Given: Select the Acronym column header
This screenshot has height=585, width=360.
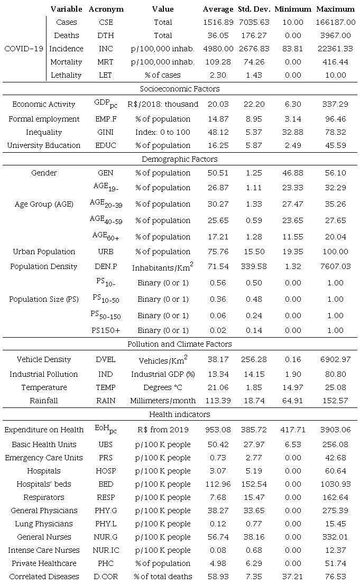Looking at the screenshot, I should tap(106, 9).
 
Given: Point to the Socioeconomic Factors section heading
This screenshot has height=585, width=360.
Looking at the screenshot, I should tap(180, 89).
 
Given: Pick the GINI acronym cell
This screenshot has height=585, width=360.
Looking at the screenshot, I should tap(106, 132).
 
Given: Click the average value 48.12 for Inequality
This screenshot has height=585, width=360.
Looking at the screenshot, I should tap(218, 132).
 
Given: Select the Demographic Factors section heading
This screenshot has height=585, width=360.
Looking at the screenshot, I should tap(180, 159).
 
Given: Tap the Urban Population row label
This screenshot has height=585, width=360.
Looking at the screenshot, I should tap(44, 252).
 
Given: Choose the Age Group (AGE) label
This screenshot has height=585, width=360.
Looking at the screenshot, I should tap(44, 204).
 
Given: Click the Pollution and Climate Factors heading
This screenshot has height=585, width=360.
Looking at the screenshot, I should tap(180, 344).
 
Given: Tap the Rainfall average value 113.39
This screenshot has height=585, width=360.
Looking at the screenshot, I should tap(218, 401).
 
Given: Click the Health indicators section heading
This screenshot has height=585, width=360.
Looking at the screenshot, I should tap(180, 414).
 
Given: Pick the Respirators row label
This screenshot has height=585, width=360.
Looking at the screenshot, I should tap(44, 497).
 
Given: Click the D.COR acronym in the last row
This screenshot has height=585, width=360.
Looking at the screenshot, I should tap(106, 577).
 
